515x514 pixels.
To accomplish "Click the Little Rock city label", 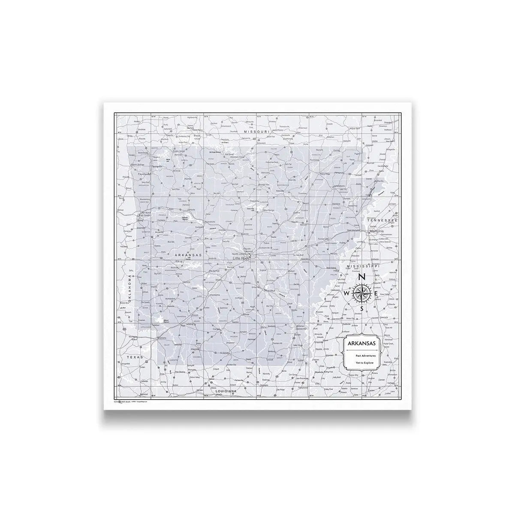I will [241, 259].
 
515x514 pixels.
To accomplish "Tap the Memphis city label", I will [376, 231].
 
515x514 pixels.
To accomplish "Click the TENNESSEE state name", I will [380, 220].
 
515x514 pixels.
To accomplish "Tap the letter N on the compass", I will [361, 277].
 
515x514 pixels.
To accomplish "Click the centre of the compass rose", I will [362, 293].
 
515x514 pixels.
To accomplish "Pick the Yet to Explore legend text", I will [364, 363].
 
